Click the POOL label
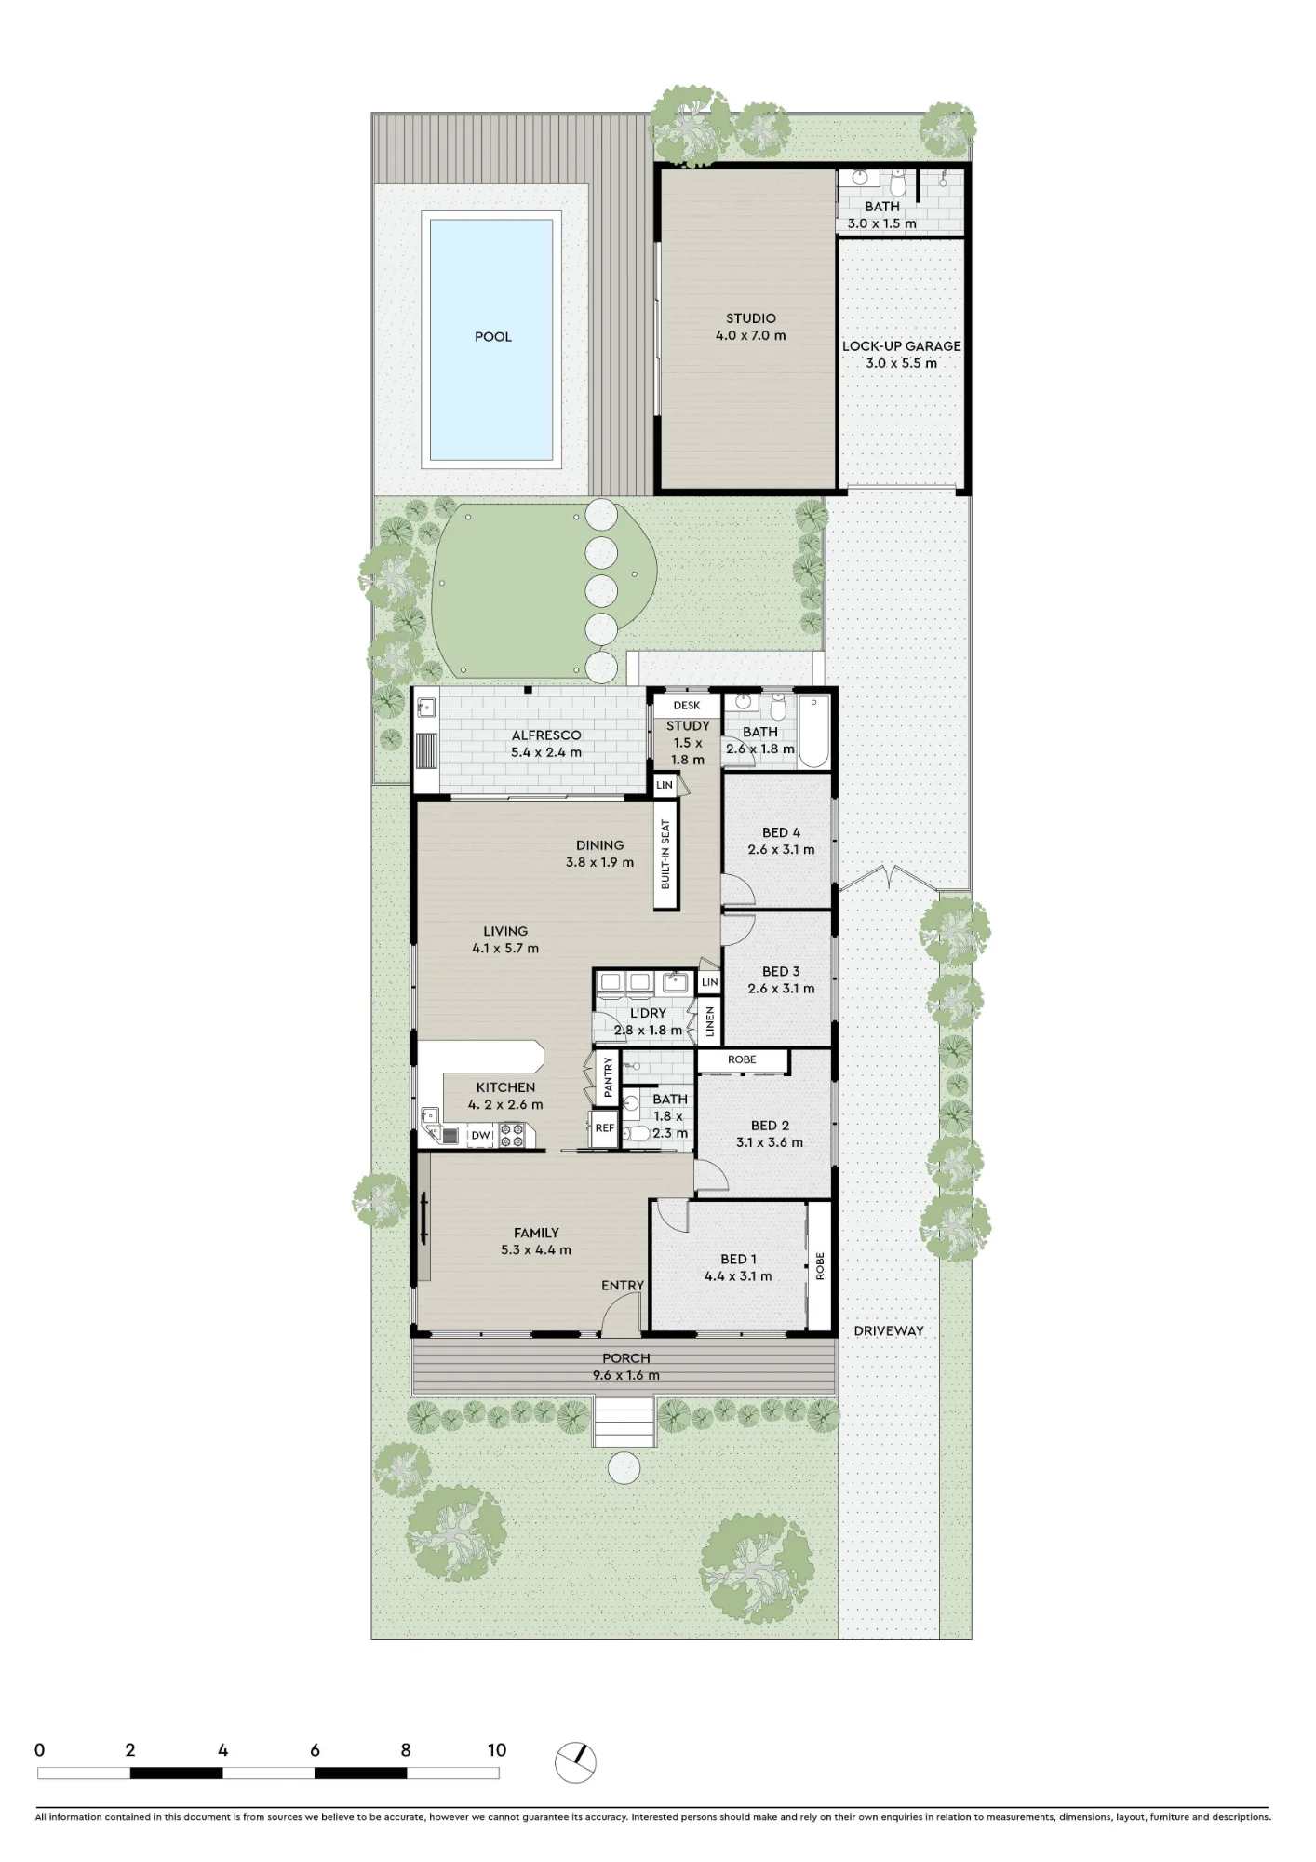[493, 337]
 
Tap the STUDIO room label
[751, 318]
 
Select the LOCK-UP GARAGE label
[901, 346]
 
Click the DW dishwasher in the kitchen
[480, 1135]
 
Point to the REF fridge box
[605, 1128]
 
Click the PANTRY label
[608, 1076]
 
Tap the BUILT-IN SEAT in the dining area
[665, 855]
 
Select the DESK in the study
[687, 706]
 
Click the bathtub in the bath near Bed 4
[813, 731]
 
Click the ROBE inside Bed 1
[820, 1266]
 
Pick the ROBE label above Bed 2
[742, 1059]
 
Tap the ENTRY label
[623, 1286]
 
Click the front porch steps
[624, 1422]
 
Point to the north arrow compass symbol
[575, 1762]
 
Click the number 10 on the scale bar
[497, 1750]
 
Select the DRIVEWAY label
[889, 1331]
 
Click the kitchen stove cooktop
[512, 1135]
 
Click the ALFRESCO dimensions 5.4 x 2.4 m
[546, 752]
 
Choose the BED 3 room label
[781, 971]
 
